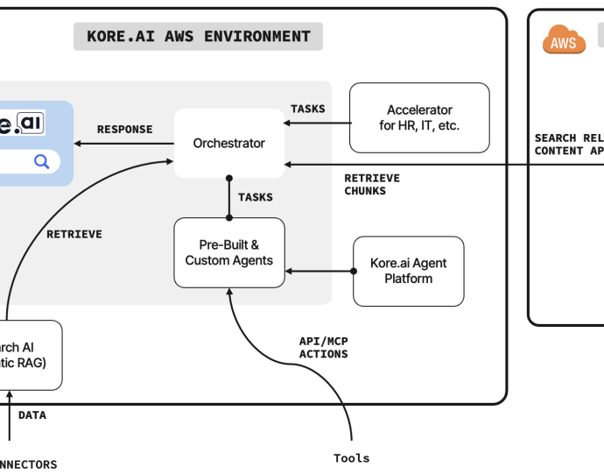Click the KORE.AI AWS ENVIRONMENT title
[198, 37]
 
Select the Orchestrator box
[228, 143]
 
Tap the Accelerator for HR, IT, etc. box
[419, 118]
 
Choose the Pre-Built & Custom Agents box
[229, 252]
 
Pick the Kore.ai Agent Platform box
[408, 271]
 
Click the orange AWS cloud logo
[564, 40]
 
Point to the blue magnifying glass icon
[41, 161]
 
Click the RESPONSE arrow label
[124, 130]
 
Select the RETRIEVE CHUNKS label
[372, 184]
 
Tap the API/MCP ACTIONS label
[324, 348]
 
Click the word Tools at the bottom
[351, 458]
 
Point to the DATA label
[32, 415]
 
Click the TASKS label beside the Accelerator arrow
[307, 109]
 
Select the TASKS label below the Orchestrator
[255, 197]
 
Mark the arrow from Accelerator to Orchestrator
[316, 123]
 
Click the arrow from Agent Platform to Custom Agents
[320, 271]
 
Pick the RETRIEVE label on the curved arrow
[74, 234]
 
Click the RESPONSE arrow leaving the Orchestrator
[123, 143]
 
